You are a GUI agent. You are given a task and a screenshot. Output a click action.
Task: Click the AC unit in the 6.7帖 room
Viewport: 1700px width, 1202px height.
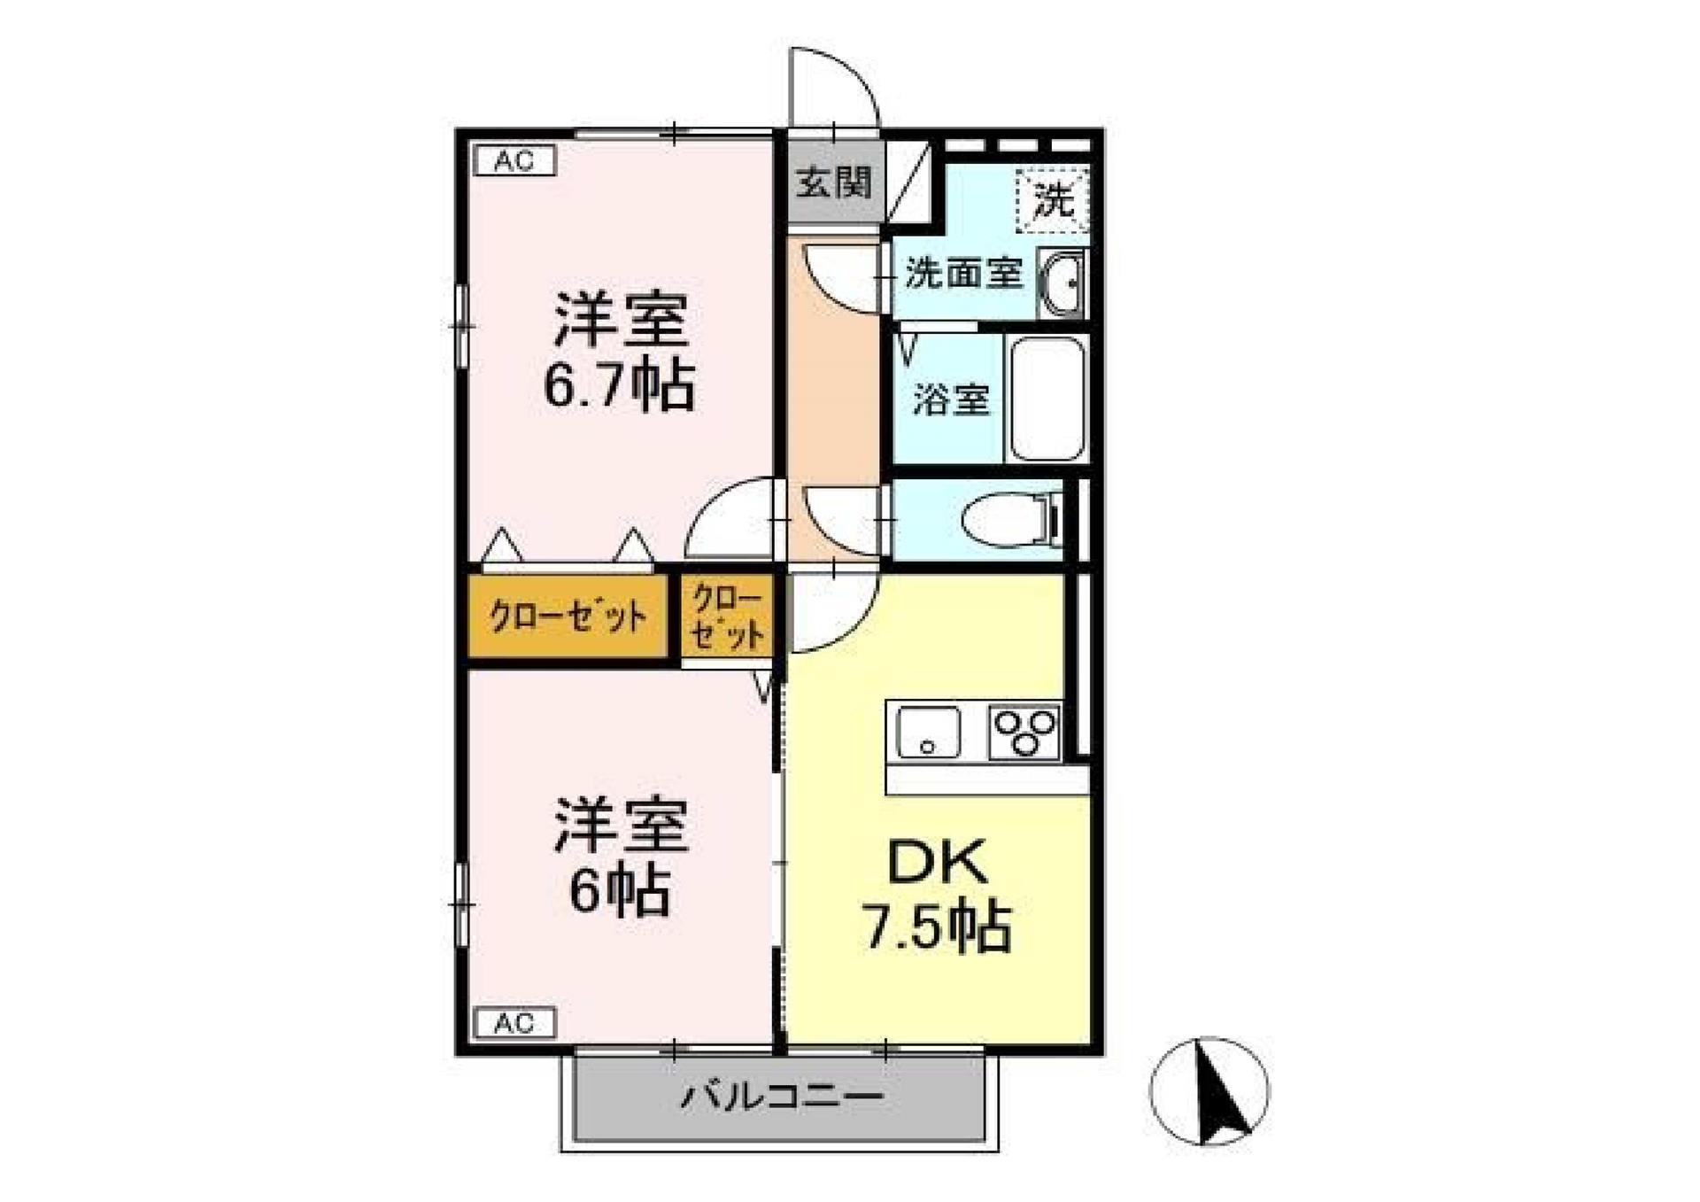pyautogui.click(x=514, y=161)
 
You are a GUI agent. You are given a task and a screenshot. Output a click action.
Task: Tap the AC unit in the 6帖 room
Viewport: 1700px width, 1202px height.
pyautogui.click(x=514, y=1023)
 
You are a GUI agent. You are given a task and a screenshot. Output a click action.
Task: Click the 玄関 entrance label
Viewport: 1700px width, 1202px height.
pyautogui.click(x=833, y=183)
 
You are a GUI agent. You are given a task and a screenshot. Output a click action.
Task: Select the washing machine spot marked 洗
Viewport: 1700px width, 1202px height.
pyautogui.click(x=1053, y=200)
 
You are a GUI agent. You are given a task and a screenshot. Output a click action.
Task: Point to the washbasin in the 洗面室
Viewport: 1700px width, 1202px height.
pyautogui.click(x=1061, y=283)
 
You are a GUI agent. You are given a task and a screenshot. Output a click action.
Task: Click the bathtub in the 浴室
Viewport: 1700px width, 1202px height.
pyautogui.click(x=1047, y=398)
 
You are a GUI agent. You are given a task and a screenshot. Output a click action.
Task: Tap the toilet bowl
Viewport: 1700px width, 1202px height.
pyautogui.click(x=1008, y=519)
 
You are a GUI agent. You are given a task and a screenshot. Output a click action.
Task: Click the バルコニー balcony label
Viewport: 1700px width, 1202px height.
pyautogui.click(x=781, y=1098)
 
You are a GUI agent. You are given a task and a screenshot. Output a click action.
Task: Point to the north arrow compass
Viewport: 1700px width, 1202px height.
pyautogui.click(x=1209, y=1091)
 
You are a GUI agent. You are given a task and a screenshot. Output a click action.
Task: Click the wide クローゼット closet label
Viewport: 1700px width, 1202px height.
pyautogui.click(x=568, y=617)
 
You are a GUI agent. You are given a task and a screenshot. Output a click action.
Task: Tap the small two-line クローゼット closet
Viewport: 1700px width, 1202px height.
pyautogui.click(x=727, y=617)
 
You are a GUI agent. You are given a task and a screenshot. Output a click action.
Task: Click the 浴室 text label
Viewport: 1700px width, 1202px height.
pyautogui.click(x=951, y=399)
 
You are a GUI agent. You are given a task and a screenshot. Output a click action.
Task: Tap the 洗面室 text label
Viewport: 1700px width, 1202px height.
pyautogui.click(x=963, y=274)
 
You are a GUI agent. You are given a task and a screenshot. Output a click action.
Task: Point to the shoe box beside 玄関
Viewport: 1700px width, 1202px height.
pyautogui.click(x=908, y=183)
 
